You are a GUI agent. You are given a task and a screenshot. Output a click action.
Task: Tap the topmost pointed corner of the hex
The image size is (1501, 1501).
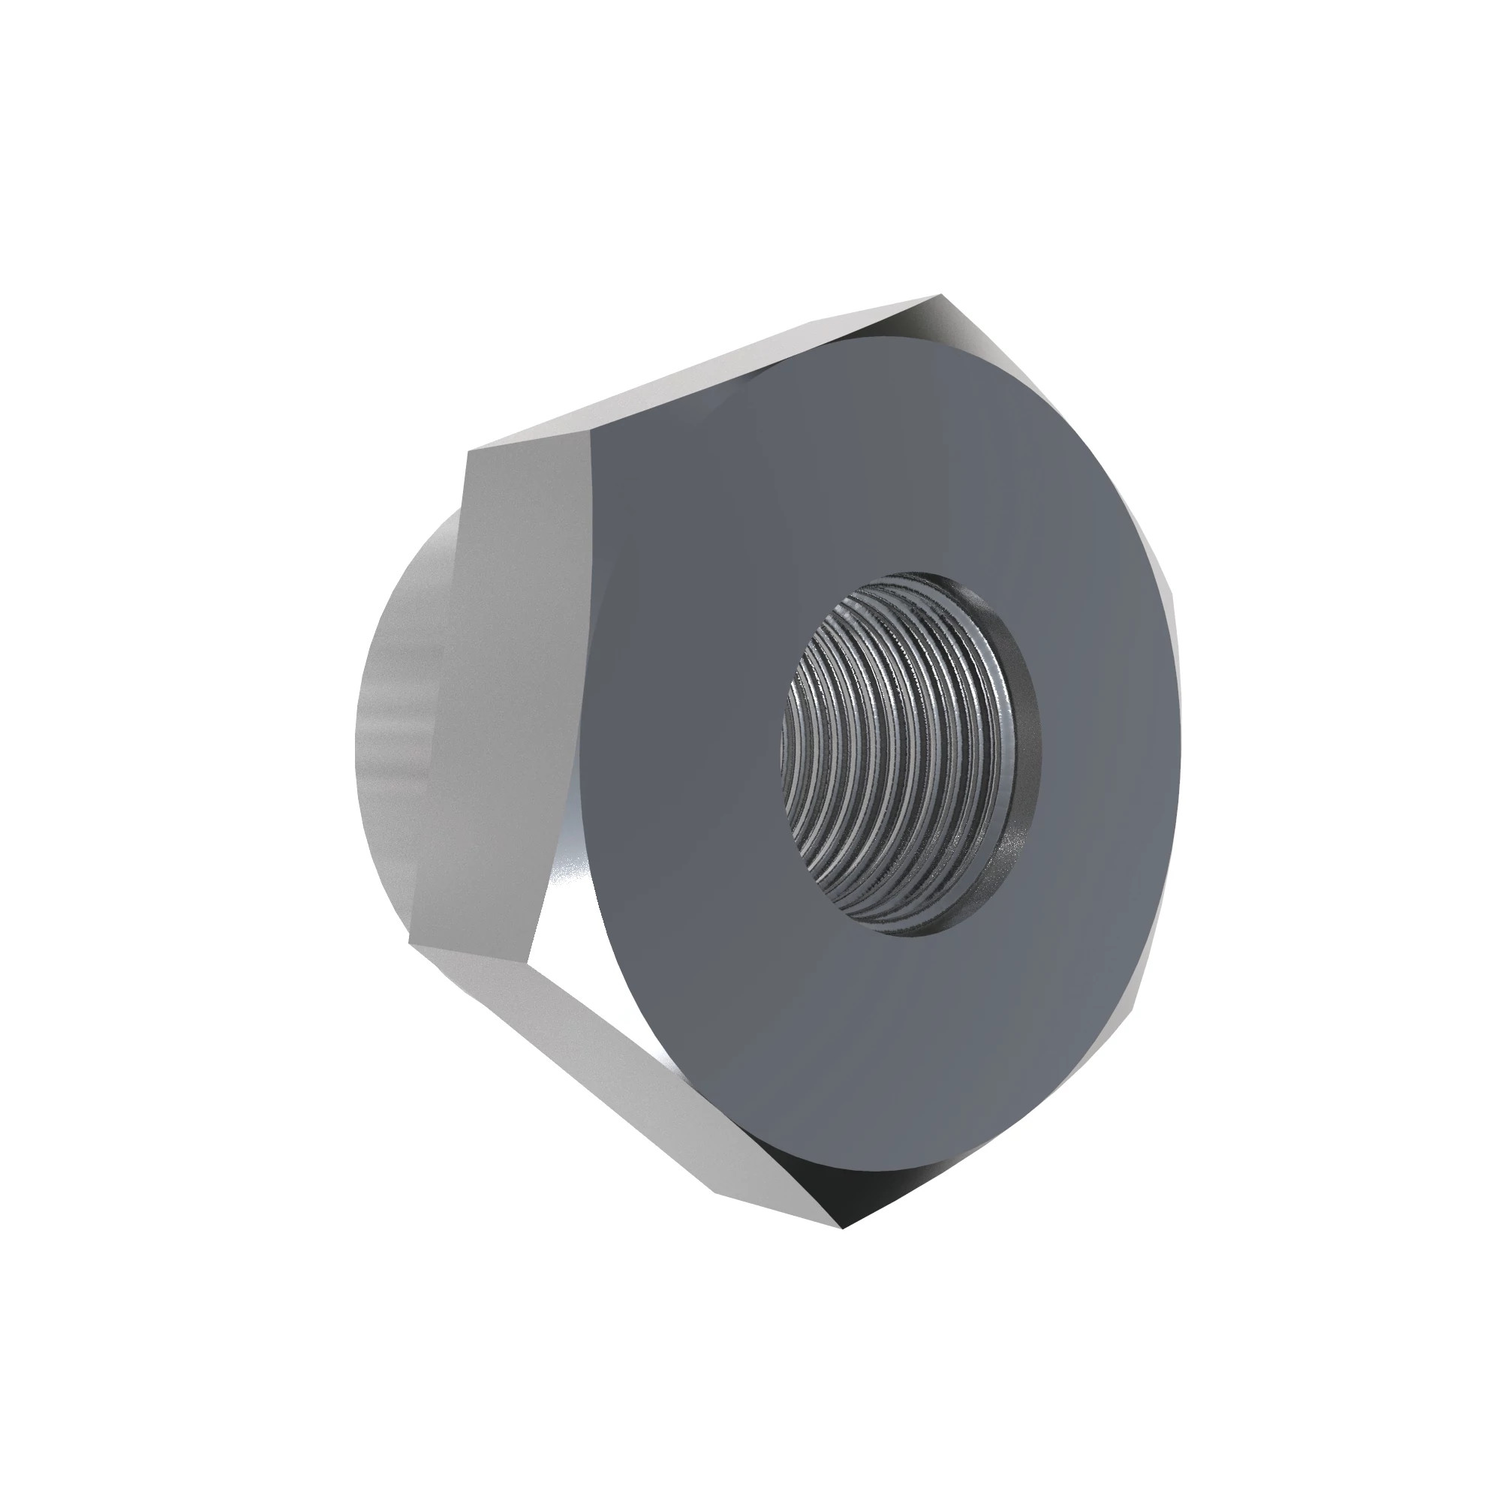[941, 295]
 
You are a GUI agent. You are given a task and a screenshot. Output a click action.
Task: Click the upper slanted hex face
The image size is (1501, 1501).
[699, 373]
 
